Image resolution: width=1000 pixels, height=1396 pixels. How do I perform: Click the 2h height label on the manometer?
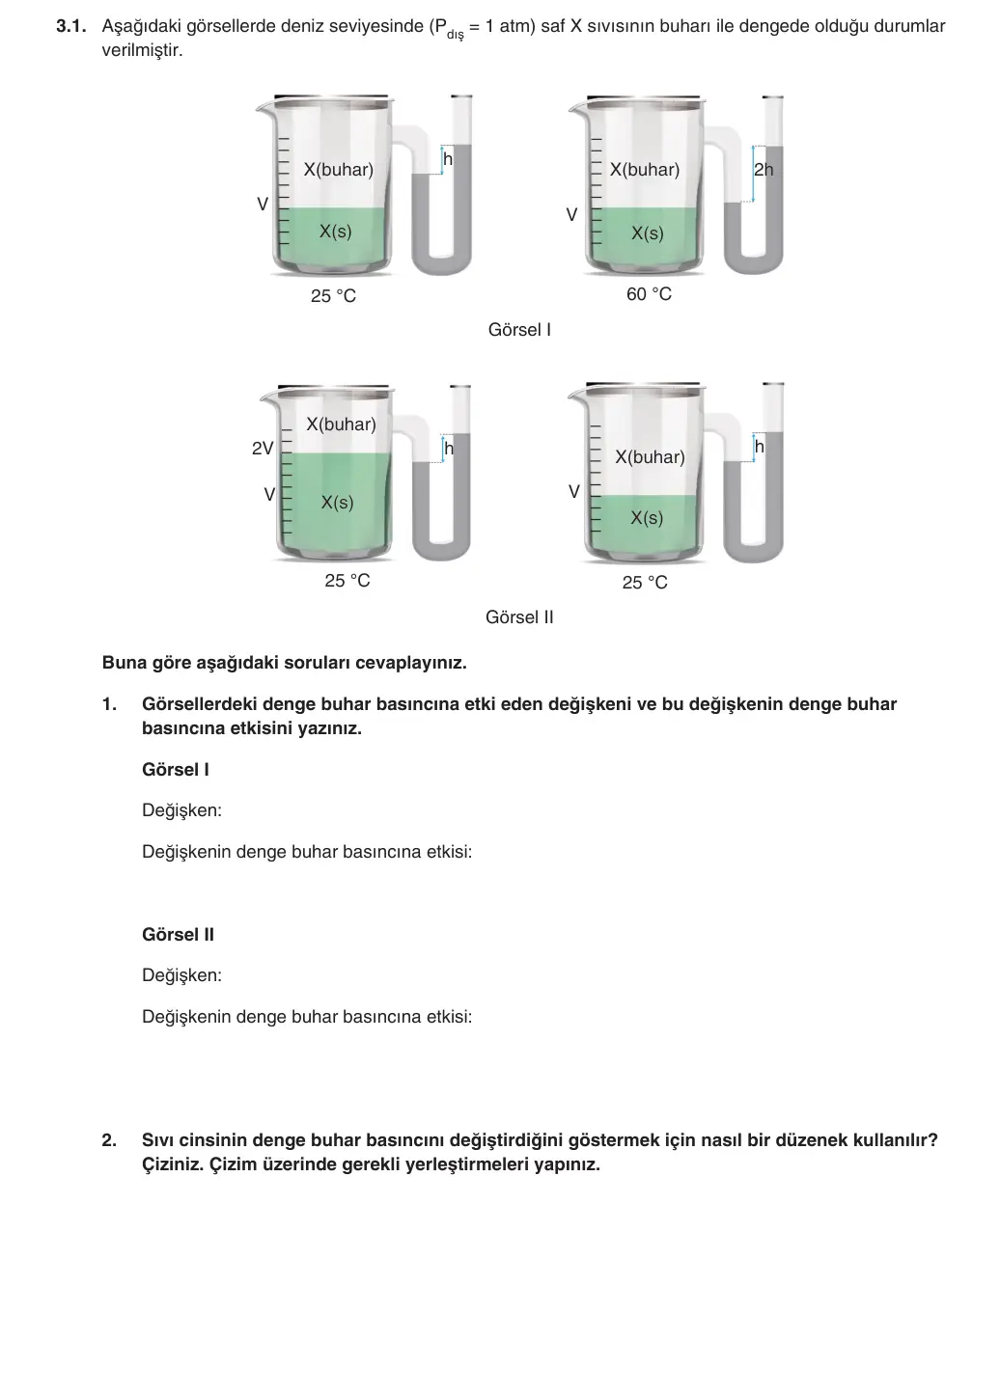coord(764,169)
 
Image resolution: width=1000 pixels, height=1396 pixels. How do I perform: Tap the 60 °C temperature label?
coord(649,293)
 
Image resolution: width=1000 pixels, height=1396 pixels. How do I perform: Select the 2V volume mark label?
coord(263,448)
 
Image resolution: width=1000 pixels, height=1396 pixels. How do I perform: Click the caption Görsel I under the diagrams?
coord(519,329)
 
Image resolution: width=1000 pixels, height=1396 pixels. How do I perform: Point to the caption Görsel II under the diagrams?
coord(519,617)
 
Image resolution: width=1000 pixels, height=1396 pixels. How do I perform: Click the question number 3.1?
coord(70,26)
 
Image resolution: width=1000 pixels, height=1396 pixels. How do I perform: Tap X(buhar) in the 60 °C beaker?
coord(645,170)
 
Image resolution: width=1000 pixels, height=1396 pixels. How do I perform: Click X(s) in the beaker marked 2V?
coord(337,503)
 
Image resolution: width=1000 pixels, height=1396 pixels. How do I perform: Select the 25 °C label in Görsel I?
coord(334,295)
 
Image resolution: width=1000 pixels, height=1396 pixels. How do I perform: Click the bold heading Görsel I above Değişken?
coord(175,770)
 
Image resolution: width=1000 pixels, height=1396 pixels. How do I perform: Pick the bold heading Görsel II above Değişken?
coord(178,935)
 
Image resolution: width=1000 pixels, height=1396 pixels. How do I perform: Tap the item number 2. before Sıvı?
coord(109,1140)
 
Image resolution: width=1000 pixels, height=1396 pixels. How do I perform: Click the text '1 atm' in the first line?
coord(510,26)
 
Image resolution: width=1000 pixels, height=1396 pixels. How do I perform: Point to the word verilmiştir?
coord(142,50)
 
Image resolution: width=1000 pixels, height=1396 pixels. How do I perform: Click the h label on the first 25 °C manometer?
coord(448,159)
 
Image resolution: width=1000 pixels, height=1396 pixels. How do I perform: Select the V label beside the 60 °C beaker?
coord(571,214)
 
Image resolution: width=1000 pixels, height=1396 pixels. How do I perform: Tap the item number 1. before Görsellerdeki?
coord(109,704)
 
